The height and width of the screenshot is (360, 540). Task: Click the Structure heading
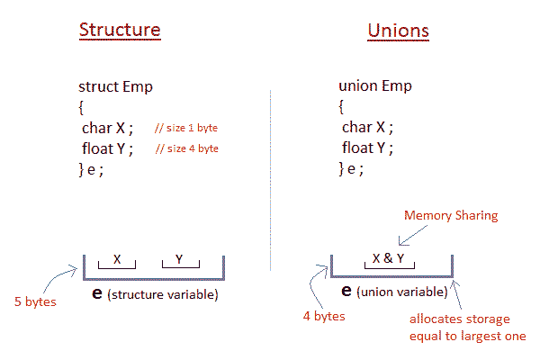point(120,30)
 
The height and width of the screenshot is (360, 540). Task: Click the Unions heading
point(398,31)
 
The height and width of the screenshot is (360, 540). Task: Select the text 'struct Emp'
point(115,87)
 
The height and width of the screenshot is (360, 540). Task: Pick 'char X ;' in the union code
point(367,128)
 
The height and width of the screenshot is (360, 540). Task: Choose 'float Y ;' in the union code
point(368,148)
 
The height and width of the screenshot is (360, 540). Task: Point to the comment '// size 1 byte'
point(186,129)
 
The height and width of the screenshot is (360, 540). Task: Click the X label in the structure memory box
point(117,259)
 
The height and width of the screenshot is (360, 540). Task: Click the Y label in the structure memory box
point(179,259)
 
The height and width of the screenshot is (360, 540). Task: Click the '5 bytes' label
point(35,301)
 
